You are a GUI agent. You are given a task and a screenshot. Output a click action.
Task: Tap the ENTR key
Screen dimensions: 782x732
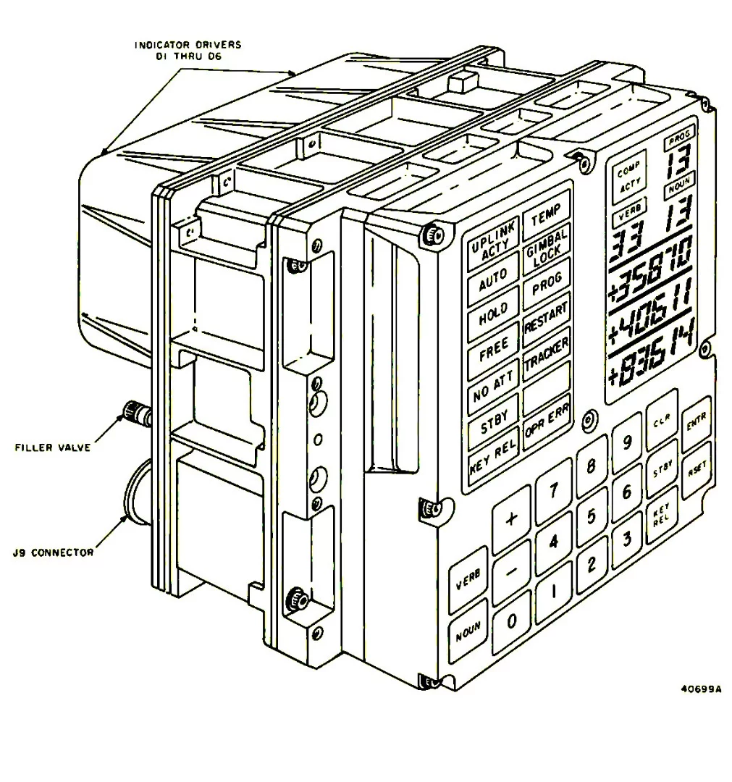tap(695, 424)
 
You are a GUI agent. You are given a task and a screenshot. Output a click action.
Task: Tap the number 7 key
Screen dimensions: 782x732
tap(553, 492)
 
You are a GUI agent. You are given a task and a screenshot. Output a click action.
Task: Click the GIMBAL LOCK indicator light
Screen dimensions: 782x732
tap(547, 238)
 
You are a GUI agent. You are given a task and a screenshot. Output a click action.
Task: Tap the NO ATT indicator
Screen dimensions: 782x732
tap(492, 390)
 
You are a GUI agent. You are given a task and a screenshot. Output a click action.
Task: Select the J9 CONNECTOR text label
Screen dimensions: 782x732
tap(53, 552)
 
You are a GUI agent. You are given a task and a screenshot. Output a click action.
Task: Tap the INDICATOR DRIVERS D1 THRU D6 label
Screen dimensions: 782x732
tap(188, 50)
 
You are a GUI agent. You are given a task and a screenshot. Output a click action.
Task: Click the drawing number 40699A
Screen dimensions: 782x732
tap(701, 689)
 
